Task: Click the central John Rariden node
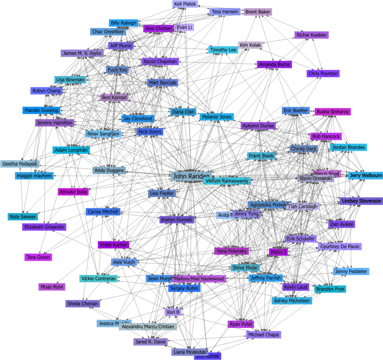point(191,176)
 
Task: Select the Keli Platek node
point(185,4)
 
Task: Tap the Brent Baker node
point(258,12)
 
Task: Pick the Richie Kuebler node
point(311,35)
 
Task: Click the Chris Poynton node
point(323,73)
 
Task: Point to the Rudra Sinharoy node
point(333,111)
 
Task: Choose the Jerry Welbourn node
point(366,175)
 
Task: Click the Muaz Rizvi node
point(52,287)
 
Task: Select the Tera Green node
point(38,257)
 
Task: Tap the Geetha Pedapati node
point(20,164)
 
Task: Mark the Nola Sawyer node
point(23,216)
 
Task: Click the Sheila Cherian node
point(83,303)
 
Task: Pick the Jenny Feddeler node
point(351,271)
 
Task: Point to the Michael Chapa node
point(263,335)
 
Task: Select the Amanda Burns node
point(274,64)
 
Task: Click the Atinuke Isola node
point(73,192)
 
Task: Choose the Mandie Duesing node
point(41,110)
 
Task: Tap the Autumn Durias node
point(258,126)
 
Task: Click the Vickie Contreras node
point(98,278)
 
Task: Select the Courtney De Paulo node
point(340,246)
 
